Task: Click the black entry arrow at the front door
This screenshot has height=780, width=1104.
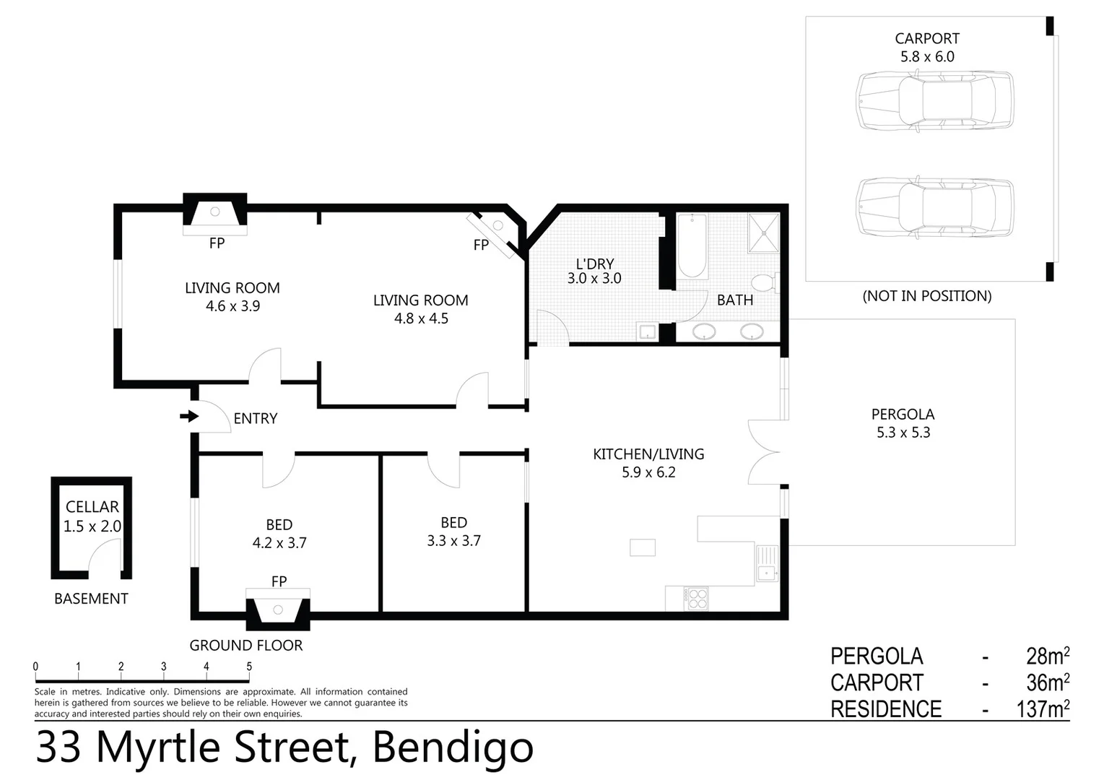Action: tap(189, 416)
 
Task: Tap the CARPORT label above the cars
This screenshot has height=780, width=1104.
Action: tap(926, 39)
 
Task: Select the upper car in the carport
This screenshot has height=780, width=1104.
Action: tap(934, 100)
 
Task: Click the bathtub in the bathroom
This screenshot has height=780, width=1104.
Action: tap(692, 246)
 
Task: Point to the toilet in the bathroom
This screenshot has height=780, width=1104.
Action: tap(764, 282)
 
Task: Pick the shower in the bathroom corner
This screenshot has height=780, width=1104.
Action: tap(763, 233)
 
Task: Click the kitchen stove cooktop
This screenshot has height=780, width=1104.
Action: tap(697, 599)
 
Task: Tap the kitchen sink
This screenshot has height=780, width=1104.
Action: tap(765, 573)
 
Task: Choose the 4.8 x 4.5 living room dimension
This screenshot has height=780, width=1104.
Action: tap(421, 318)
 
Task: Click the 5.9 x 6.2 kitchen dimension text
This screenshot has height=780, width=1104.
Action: tap(648, 472)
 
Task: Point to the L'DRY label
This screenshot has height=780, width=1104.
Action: tap(594, 264)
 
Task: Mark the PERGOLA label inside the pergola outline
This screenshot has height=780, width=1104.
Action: tap(903, 415)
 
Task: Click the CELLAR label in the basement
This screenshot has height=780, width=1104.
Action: tap(92, 507)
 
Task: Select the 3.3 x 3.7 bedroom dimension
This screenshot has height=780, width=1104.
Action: tap(453, 541)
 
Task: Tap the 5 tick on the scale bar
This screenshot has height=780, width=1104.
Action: tap(249, 667)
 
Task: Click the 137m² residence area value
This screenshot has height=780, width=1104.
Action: tap(1043, 709)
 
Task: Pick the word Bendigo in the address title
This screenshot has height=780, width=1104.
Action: tap(453, 748)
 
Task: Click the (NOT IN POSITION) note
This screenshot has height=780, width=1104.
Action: tap(926, 296)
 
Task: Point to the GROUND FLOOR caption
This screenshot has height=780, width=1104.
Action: tap(245, 646)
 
